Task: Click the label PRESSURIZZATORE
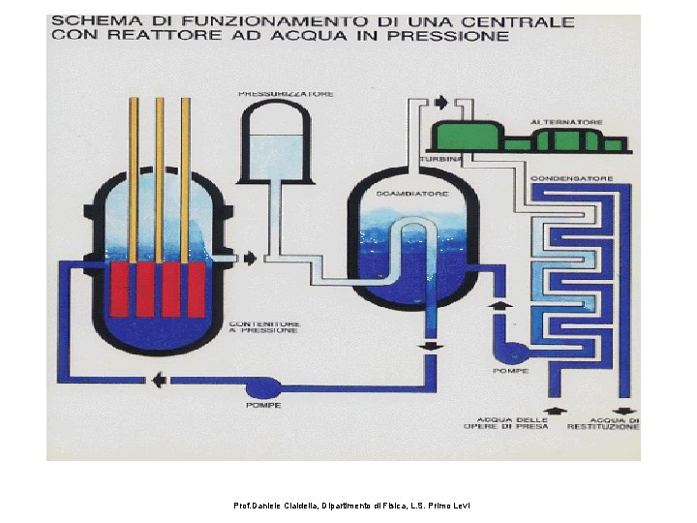point(288,94)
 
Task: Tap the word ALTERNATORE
point(566,122)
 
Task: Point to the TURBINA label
point(437,158)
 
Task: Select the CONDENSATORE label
point(586,178)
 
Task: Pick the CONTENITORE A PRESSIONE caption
point(264,327)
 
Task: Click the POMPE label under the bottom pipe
point(263,405)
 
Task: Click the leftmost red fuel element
point(120,289)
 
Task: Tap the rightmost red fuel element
point(196,289)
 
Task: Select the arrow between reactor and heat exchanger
point(249,258)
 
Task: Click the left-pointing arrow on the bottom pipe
point(158,381)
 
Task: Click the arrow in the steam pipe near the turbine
point(440,103)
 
